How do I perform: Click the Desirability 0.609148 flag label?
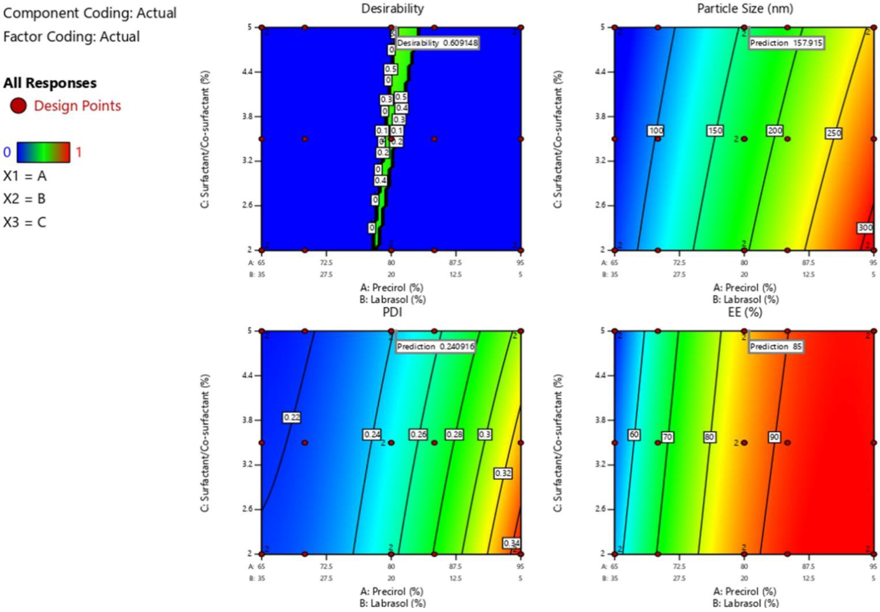(437, 43)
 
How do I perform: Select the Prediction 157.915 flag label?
(786, 43)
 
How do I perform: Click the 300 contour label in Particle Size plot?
(865, 228)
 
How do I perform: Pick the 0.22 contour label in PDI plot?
(292, 417)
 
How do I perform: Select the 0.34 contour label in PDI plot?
(512, 543)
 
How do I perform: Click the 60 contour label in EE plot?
(634, 435)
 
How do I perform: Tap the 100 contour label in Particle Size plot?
(656, 131)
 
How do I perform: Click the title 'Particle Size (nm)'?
(745, 8)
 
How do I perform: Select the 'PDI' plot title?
(392, 312)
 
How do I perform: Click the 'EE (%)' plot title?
(745, 312)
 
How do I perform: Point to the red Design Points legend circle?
(18, 106)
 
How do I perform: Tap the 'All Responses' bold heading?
(50, 83)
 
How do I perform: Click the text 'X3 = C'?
(24, 222)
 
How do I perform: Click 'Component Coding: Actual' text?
(90, 13)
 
